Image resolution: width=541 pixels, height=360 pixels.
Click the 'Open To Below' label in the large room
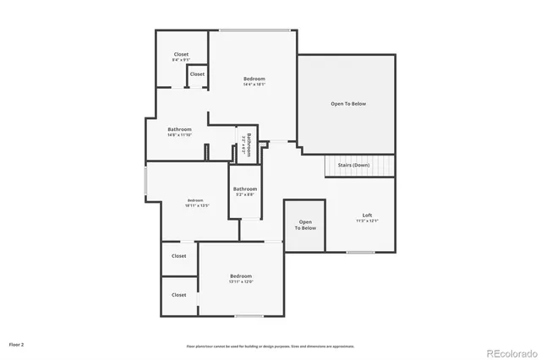(x=347, y=104)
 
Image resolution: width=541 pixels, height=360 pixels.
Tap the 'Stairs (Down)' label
(x=353, y=165)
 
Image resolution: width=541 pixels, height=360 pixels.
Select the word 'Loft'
(x=367, y=215)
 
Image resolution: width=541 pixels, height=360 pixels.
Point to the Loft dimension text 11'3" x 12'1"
(x=367, y=221)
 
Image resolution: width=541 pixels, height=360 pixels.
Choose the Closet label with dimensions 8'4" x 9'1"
(x=181, y=57)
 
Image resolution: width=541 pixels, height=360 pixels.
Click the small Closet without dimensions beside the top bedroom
(x=197, y=74)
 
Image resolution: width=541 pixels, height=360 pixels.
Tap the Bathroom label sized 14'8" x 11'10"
(x=179, y=132)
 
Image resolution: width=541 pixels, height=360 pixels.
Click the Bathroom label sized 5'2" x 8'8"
(x=245, y=191)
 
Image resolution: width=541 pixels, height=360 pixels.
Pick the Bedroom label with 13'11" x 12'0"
(x=241, y=279)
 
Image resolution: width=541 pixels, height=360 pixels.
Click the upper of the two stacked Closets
(x=179, y=256)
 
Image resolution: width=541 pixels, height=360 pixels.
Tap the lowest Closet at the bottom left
(x=179, y=295)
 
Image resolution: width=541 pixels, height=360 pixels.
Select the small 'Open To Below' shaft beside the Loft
(x=305, y=226)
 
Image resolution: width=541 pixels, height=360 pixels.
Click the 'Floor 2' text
(x=17, y=345)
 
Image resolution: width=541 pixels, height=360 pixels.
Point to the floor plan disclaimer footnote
(x=270, y=346)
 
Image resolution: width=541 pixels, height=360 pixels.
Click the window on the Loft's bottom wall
(x=361, y=252)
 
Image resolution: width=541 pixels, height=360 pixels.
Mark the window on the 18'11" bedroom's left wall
(x=146, y=183)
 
